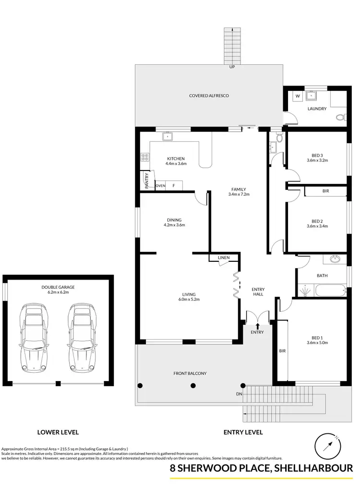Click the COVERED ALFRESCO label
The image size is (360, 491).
tap(209, 96)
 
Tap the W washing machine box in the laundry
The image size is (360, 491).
tap(298, 96)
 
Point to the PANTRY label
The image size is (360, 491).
tap(147, 181)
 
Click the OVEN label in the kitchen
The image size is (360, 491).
tap(160, 185)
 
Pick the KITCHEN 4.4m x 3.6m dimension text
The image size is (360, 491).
tap(176, 164)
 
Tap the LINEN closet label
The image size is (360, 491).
tap(224, 258)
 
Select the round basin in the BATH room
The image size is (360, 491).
tap(335, 260)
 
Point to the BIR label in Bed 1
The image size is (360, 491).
tap(282, 351)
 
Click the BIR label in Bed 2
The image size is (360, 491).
tap(325, 191)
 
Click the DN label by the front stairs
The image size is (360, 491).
tap(240, 394)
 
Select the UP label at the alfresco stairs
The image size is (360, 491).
tap(232, 67)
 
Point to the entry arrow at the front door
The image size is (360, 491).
tap(258, 327)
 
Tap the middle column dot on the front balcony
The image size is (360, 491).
tap(193, 385)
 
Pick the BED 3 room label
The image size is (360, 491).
tap(317, 155)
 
